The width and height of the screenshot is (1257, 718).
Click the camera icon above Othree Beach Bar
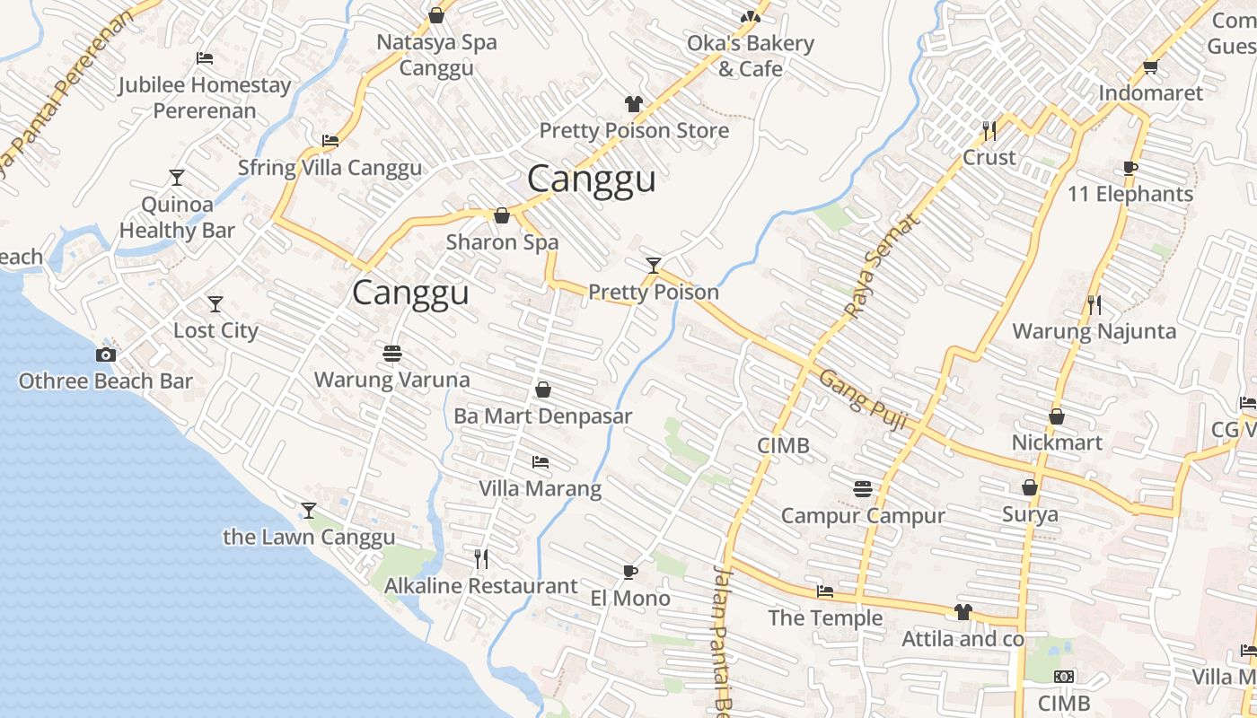tap(106, 355)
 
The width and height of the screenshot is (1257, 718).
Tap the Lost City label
tap(215, 330)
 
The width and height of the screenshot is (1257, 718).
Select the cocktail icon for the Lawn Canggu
tap(309, 511)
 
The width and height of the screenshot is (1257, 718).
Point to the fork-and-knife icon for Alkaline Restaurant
tap(481, 559)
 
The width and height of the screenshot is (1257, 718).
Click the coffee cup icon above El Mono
tap(630, 572)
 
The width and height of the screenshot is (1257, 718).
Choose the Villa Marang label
tap(540, 489)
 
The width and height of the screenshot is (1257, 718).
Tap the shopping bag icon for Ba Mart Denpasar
tap(543, 390)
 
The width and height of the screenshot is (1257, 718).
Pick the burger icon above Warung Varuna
tap(391, 354)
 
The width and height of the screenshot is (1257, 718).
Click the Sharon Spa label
tap(502, 242)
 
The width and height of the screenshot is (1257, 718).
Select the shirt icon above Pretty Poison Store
tap(634, 104)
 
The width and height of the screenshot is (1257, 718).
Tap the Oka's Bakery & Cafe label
tap(750, 56)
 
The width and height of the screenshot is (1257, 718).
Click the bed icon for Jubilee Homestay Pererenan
tap(205, 59)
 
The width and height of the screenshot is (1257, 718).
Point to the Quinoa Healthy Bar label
tap(177, 217)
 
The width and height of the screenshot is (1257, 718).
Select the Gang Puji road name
tap(862, 399)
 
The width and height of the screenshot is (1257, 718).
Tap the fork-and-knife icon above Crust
tap(989, 131)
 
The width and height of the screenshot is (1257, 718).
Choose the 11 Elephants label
tap(1130, 195)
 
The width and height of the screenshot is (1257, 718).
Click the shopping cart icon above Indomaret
tap(1150, 67)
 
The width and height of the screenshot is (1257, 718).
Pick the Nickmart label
tap(1057, 443)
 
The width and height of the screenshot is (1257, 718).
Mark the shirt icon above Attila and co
tap(963, 612)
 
